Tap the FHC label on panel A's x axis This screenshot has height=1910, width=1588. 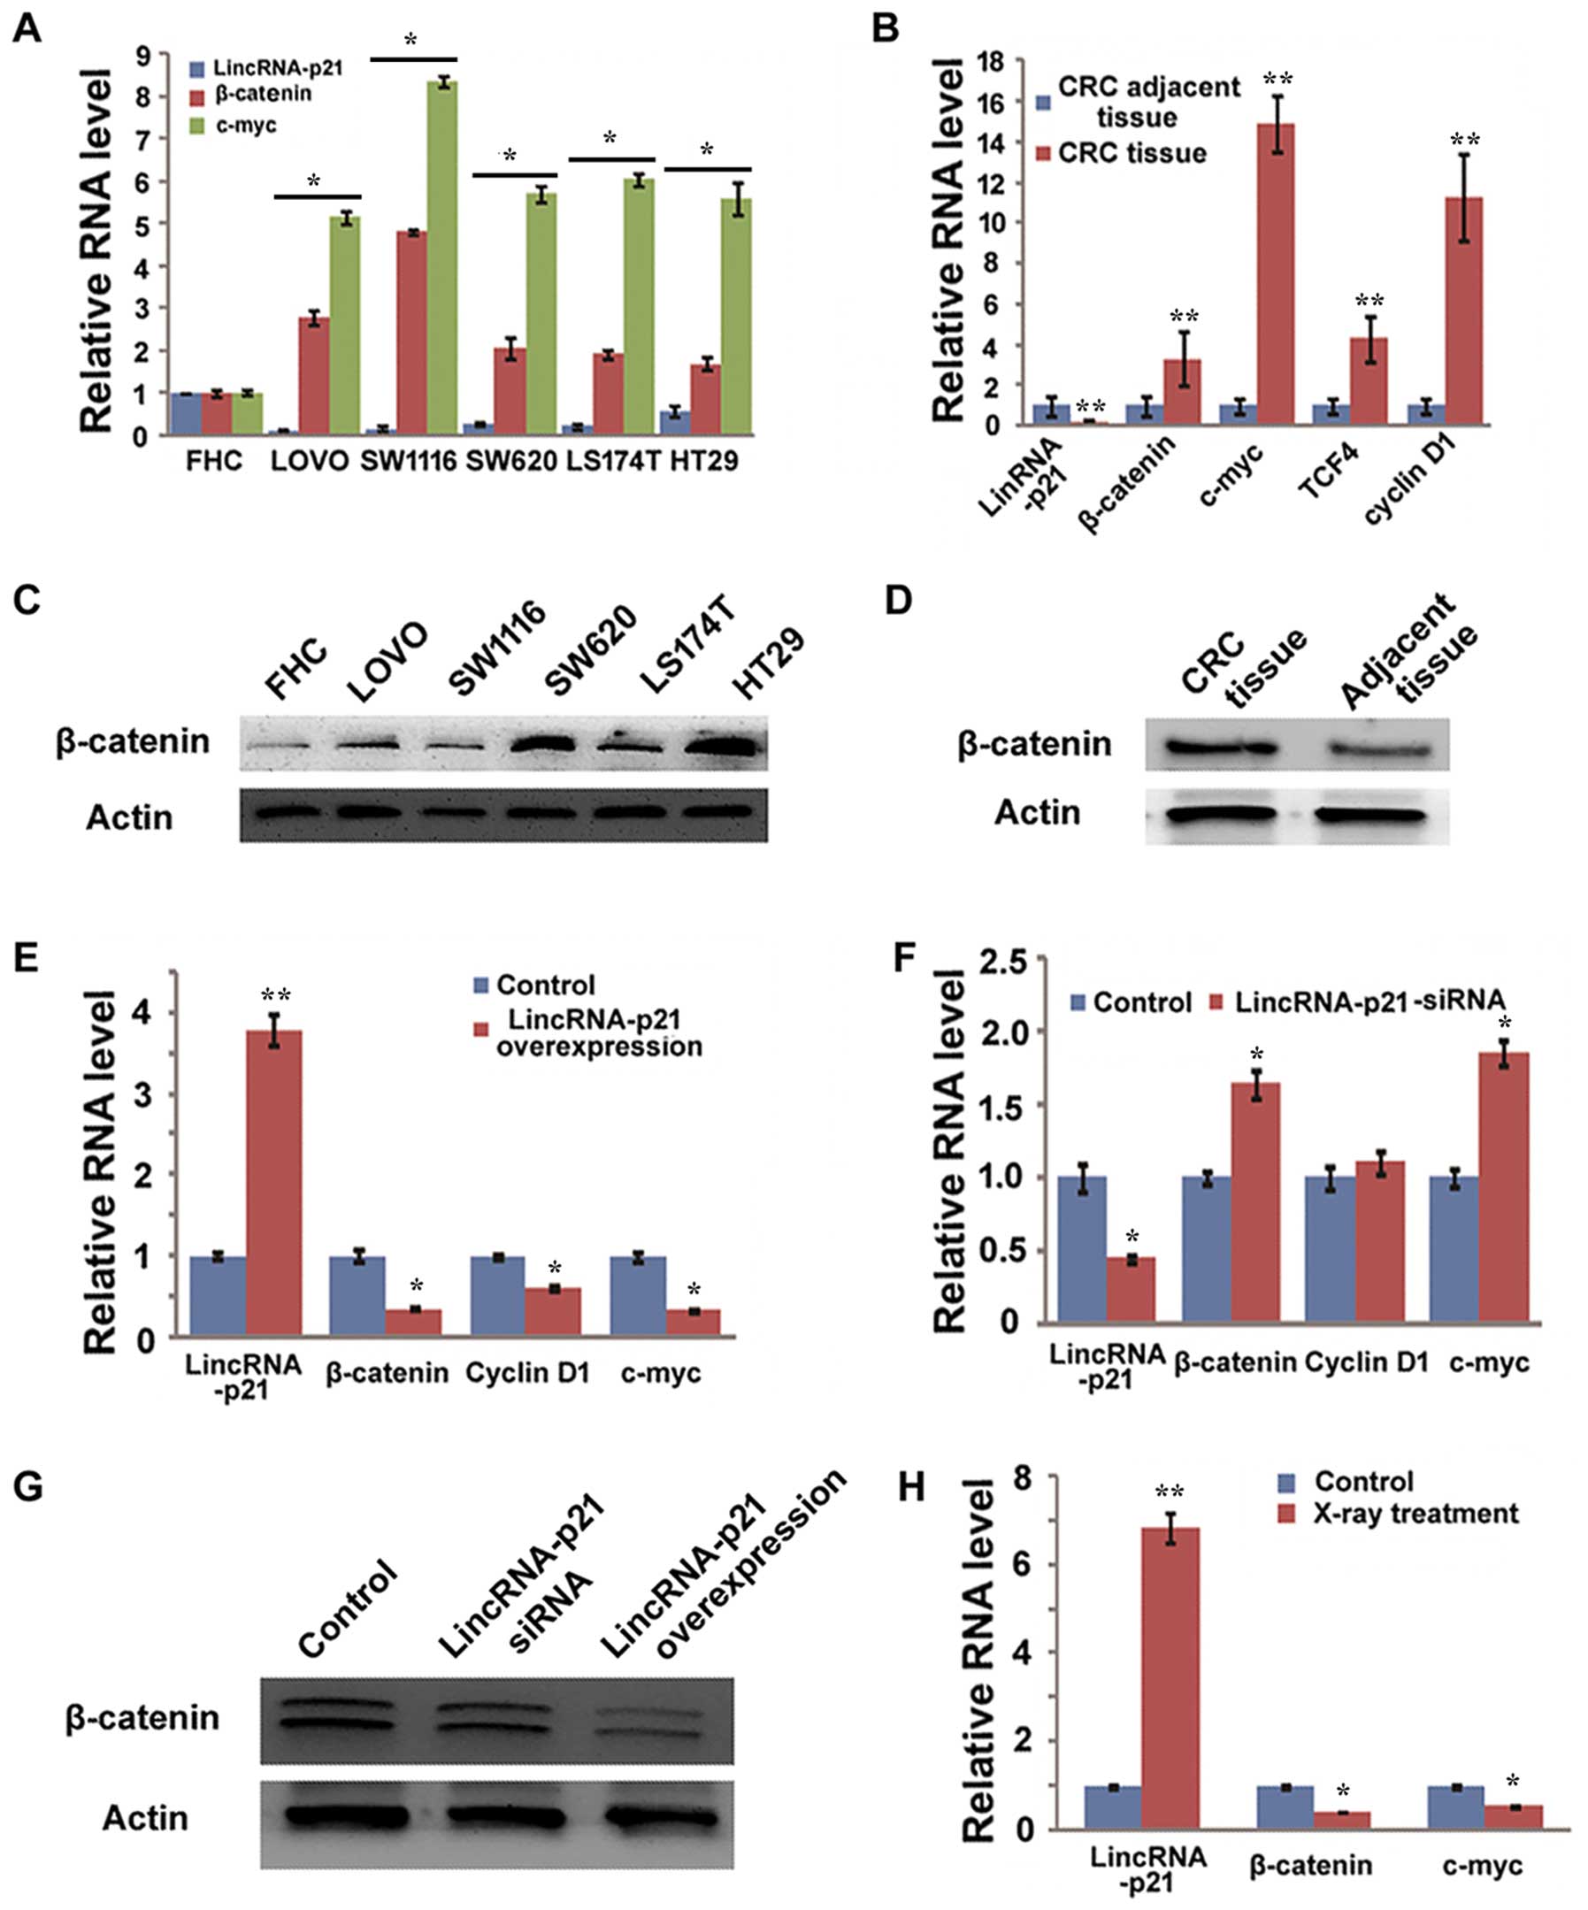214,461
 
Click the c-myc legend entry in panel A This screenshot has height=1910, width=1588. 246,125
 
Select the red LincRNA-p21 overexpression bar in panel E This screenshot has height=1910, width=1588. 274,1183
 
